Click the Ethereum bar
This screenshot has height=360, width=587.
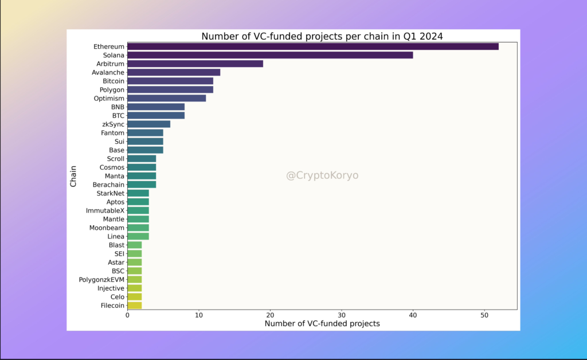pos(312,46)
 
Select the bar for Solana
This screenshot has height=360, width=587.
pos(269,55)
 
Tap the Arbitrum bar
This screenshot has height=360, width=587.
pos(195,64)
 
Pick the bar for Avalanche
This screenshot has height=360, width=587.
pos(173,72)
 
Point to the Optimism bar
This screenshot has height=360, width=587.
pos(166,98)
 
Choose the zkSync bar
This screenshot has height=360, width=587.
pos(148,124)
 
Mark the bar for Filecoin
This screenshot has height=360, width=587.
pos(134,306)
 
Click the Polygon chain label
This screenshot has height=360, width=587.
pos(109,89)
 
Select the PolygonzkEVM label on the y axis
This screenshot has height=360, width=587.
pos(101,280)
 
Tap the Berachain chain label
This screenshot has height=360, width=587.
pos(108,185)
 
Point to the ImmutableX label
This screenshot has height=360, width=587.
pos(105,210)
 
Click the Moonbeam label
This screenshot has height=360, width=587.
pos(107,228)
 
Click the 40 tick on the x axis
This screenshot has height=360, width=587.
pos(413,315)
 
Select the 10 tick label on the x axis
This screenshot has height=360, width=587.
pos(198,315)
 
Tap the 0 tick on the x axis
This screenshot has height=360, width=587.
pos(127,315)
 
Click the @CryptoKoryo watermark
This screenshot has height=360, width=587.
pos(322,175)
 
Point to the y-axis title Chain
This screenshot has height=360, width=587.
pos(73,175)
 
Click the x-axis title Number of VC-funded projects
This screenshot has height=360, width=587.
pos(322,324)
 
